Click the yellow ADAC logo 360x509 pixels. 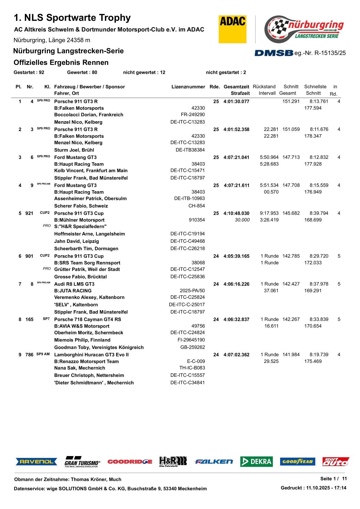click(x=232, y=29)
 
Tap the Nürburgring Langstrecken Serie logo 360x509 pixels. click(x=304, y=29)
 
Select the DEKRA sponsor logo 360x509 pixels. click(x=256, y=462)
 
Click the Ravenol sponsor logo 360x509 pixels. click(x=36, y=462)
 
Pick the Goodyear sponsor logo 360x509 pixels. click(x=297, y=462)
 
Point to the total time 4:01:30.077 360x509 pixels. click(x=236, y=102)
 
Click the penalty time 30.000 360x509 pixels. click(x=242, y=220)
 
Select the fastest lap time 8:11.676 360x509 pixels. click(x=319, y=129)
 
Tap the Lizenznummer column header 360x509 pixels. click(x=188, y=87)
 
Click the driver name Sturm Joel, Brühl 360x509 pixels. click(x=74, y=150)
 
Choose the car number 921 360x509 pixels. click(x=29, y=214)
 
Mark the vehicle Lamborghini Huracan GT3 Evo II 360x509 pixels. click(x=91, y=355)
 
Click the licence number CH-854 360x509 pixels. click(x=197, y=206)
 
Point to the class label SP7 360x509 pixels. click(x=46, y=319)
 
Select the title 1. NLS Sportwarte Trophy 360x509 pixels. click(x=72, y=18)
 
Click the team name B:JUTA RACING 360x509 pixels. click(x=73, y=291)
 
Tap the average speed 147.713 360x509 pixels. click(x=291, y=157)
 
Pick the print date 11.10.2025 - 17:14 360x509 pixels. click(x=326, y=488)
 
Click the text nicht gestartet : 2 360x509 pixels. click(x=226, y=72)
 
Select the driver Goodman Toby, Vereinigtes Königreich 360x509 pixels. click(x=99, y=347)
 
